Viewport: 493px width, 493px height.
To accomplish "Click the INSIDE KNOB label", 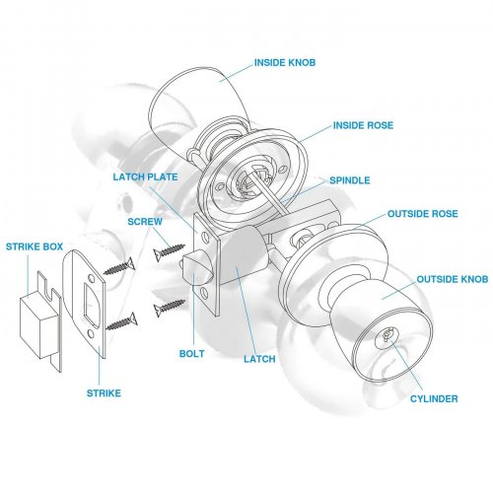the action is [x=285, y=62].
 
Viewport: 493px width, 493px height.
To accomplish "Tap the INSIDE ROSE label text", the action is [x=363, y=125].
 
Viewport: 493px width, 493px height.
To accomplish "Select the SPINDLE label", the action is [x=350, y=180].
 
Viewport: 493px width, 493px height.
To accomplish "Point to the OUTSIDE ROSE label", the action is [x=423, y=214].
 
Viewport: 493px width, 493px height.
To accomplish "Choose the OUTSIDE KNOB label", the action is [x=453, y=279].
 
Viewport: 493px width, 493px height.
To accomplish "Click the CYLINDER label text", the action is [x=434, y=398].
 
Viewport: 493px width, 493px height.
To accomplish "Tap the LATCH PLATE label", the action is [x=145, y=176].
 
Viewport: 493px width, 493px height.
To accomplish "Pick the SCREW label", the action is [x=145, y=222].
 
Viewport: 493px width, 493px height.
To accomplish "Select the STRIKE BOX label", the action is [x=35, y=246].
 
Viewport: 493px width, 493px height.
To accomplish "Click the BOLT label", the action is [x=192, y=354].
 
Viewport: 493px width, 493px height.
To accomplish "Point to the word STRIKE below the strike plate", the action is [x=104, y=393].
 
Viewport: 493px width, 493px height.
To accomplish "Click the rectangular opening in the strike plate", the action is [x=91, y=304].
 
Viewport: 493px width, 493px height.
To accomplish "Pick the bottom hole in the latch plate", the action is [x=204, y=293].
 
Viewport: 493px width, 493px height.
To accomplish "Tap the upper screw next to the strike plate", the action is [x=119, y=266].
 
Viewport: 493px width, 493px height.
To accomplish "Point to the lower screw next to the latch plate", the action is [x=170, y=308].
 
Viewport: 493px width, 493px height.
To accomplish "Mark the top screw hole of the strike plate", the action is [x=91, y=279].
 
